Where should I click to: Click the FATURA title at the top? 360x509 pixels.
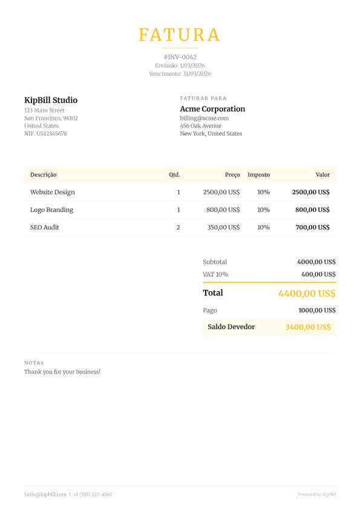pyautogui.click(x=180, y=34)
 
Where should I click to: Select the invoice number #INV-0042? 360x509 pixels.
pyautogui.click(x=180, y=57)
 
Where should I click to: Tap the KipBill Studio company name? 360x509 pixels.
pyautogui.click(x=51, y=100)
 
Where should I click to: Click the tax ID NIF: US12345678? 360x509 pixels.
pyautogui.click(x=45, y=134)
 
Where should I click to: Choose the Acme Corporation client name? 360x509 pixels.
pyautogui.click(x=212, y=109)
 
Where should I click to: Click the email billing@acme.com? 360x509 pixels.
pyautogui.click(x=204, y=118)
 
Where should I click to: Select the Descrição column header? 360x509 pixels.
pyautogui.click(x=44, y=175)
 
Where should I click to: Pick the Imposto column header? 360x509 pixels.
pyautogui.click(x=258, y=175)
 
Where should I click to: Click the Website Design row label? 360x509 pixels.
pyautogui.click(x=53, y=192)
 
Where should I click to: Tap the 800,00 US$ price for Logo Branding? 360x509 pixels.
pyautogui.click(x=223, y=210)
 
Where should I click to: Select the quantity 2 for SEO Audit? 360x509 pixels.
pyautogui.click(x=178, y=228)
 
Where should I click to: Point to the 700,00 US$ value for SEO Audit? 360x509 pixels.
pyautogui.click(x=312, y=228)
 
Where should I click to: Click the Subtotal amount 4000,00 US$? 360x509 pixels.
pyautogui.click(x=316, y=262)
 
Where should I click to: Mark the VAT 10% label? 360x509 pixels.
pyautogui.click(x=215, y=274)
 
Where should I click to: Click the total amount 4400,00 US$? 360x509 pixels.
pyautogui.click(x=307, y=294)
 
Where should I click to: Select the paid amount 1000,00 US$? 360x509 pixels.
pyautogui.click(x=317, y=310)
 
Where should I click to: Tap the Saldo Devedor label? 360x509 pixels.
pyautogui.click(x=231, y=327)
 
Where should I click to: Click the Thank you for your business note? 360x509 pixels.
pyautogui.click(x=62, y=372)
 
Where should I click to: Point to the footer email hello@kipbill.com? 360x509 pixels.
pyautogui.click(x=45, y=494)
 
